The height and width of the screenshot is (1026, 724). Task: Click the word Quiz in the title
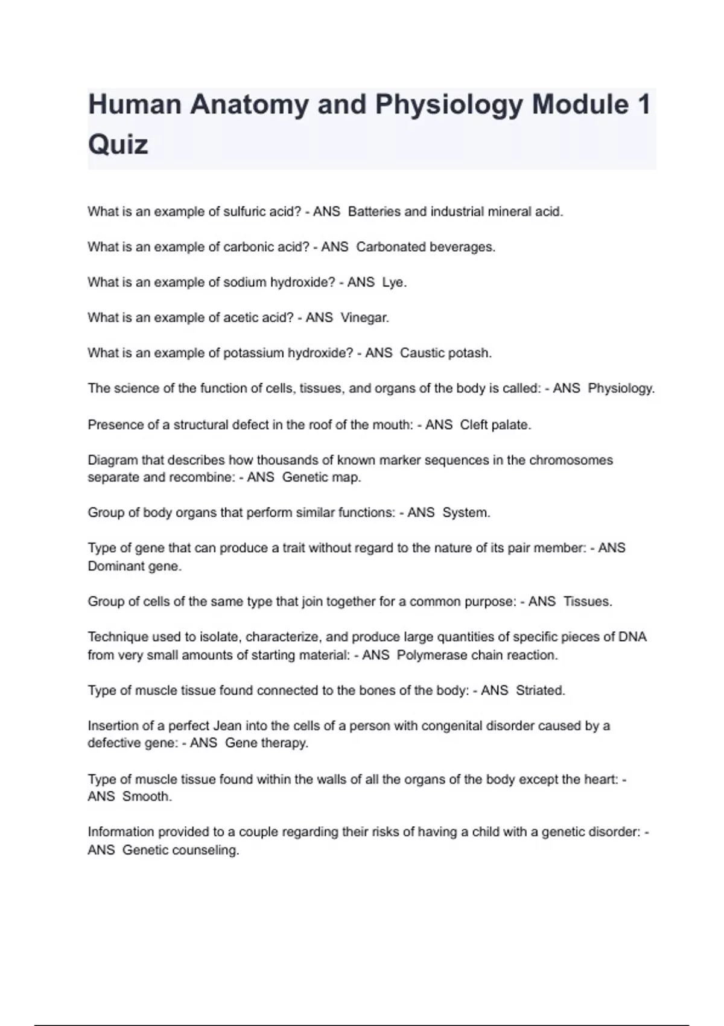(118, 145)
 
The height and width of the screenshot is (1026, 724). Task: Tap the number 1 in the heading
(643, 104)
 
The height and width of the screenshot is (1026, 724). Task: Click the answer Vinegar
(365, 317)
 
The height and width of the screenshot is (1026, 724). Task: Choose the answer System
(466, 512)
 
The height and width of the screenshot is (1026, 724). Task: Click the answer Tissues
(588, 602)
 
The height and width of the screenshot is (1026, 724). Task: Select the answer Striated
(541, 690)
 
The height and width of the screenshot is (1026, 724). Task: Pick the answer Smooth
(147, 797)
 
